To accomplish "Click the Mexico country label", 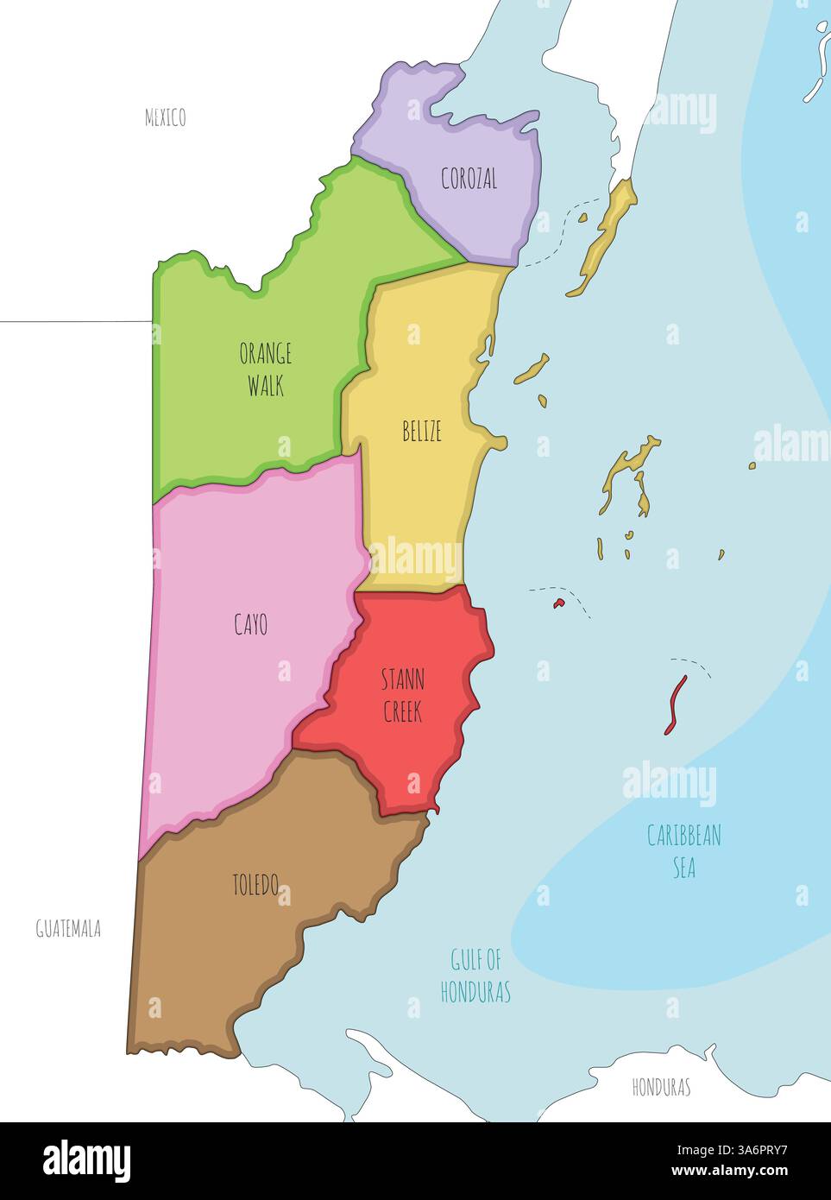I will pyautogui.click(x=165, y=117).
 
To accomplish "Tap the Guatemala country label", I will pyautogui.click(x=68, y=929).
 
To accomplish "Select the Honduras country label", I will pyautogui.click(x=661, y=1087).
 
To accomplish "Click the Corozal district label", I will pyautogui.click(x=469, y=179).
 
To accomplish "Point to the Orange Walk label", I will pyautogui.click(x=265, y=369).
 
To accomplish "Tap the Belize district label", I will pyautogui.click(x=422, y=431).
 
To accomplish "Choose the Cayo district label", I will pyautogui.click(x=250, y=624).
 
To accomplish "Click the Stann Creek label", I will pyautogui.click(x=403, y=696).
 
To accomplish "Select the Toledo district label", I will pyautogui.click(x=255, y=885).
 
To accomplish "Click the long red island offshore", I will pyautogui.click(x=675, y=704).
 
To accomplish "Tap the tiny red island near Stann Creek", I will pyautogui.click(x=558, y=603).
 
